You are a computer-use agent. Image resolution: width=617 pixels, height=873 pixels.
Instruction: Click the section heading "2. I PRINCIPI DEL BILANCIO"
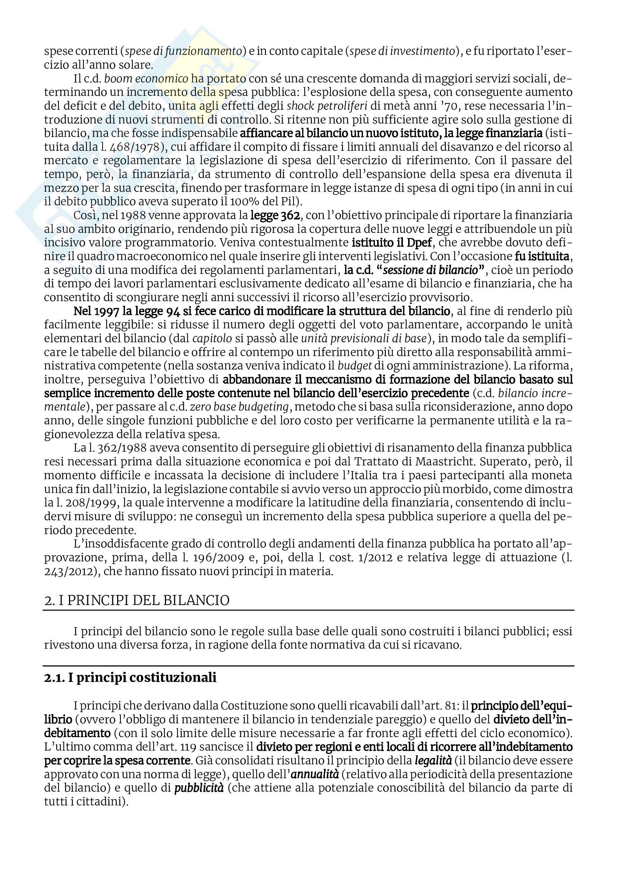(137, 601)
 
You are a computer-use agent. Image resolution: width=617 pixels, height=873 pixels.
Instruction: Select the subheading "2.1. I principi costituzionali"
(130, 677)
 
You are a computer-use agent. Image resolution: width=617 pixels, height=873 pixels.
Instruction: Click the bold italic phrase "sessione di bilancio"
(430, 270)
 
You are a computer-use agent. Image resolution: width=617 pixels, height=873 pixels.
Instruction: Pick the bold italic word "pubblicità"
(199, 788)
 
